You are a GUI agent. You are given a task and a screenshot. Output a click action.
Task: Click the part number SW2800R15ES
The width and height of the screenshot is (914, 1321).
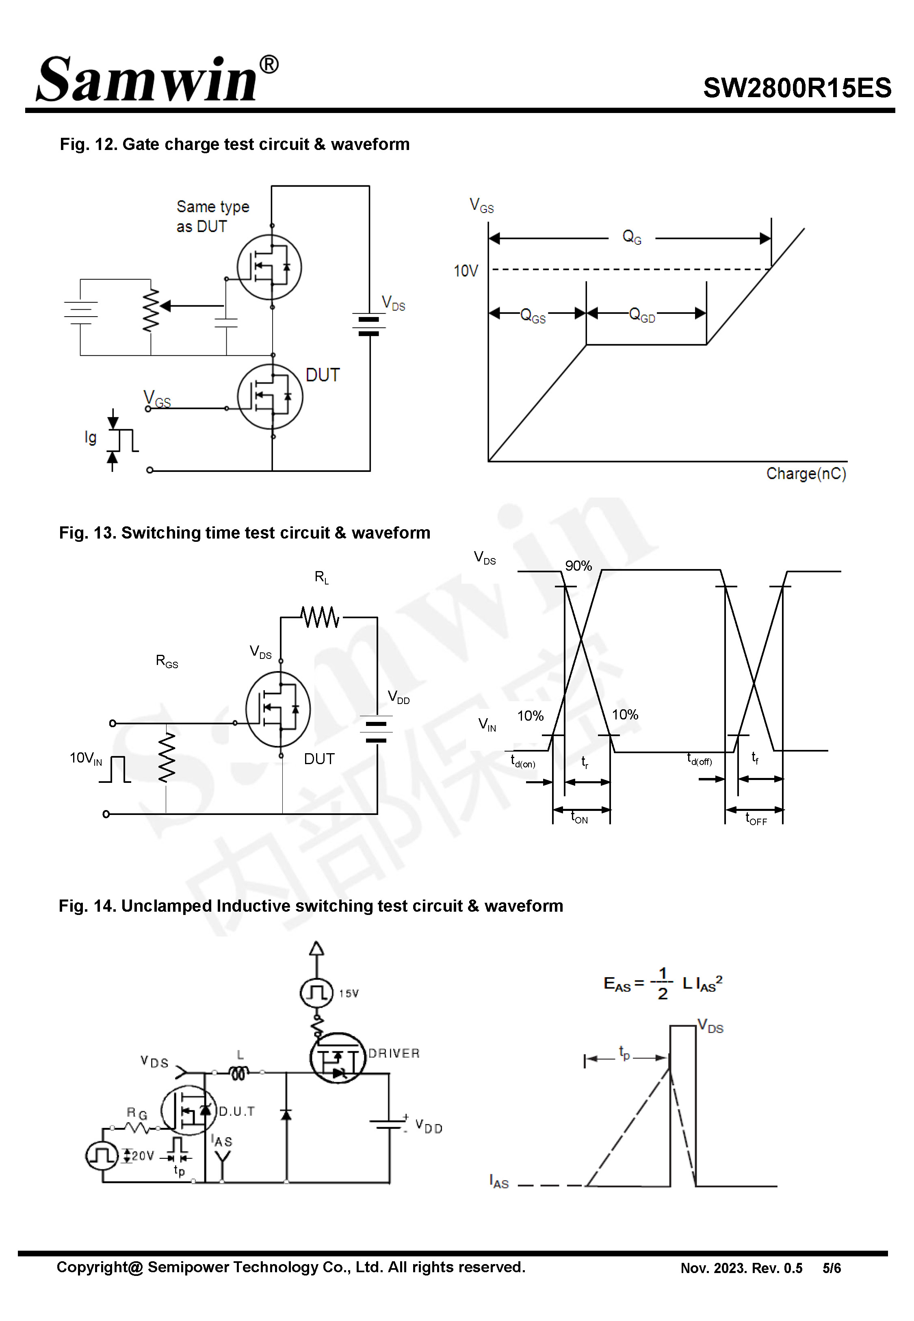click(797, 88)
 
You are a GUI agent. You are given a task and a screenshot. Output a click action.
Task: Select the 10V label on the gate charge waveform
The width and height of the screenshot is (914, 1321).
click(466, 271)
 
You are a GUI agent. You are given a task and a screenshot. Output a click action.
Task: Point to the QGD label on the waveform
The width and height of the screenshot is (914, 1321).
click(641, 315)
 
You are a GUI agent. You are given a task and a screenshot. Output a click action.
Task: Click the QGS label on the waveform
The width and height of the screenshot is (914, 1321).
click(533, 316)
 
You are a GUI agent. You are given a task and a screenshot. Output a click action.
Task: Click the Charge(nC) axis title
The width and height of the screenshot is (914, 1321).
click(806, 474)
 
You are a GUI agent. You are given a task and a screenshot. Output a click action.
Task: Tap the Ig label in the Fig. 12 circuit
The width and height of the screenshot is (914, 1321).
click(91, 438)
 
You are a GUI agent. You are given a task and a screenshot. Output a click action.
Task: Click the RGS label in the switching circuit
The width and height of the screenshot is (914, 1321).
click(167, 661)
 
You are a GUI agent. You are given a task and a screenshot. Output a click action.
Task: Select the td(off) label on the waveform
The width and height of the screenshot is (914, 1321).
click(699, 760)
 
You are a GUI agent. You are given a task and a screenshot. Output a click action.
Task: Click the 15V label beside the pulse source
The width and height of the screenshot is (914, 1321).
click(348, 993)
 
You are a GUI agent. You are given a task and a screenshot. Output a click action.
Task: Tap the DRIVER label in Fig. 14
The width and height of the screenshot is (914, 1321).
click(394, 1054)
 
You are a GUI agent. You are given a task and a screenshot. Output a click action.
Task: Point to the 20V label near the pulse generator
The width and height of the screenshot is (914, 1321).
click(142, 1156)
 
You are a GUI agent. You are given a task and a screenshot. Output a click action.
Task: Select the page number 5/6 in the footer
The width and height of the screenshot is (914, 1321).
click(831, 1268)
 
